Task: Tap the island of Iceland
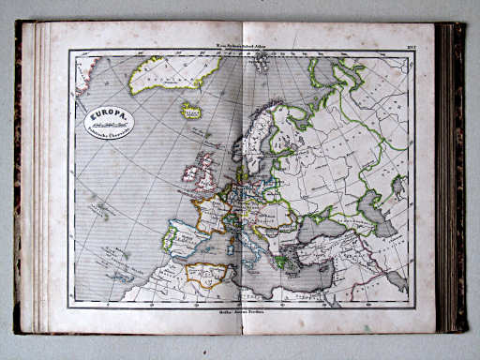(x=191, y=110)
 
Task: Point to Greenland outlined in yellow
(x=173, y=73)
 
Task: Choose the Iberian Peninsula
(x=183, y=235)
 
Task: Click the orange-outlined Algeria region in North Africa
(x=206, y=274)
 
